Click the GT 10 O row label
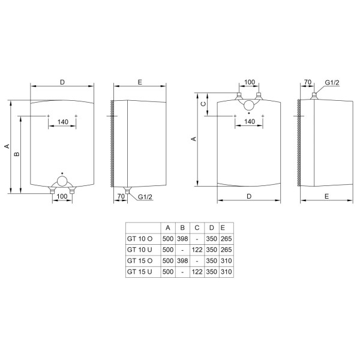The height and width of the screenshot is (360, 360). pos(140,239)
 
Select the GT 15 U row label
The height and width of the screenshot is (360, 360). pos(139,272)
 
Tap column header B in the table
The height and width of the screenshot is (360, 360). pos(182,228)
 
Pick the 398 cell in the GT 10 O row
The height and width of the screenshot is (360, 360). pos(182,239)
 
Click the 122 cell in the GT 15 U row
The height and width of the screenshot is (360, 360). pos(197,272)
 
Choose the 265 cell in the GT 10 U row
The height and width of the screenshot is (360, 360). pos(226,250)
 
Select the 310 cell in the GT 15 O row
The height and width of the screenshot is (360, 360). pos(226,261)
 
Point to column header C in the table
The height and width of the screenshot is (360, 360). pos(197,228)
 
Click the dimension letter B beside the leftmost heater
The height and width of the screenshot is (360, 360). pos(17,154)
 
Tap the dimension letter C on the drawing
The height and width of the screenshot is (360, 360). pos(203,104)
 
